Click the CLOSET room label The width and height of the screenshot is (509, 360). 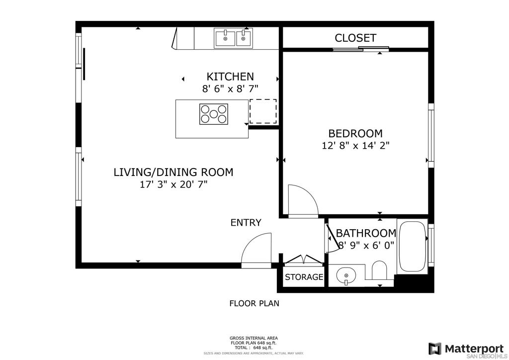[x=355, y=38]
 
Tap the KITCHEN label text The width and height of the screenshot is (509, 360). [x=230, y=77]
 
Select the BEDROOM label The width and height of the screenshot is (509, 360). [x=355, y=133]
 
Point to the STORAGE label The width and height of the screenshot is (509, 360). [x=304, y=277]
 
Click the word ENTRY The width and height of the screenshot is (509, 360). [x=246, y=222]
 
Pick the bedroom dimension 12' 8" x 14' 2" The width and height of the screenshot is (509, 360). [x=355, y=145]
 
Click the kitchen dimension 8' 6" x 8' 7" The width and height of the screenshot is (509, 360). [x=230, y=89]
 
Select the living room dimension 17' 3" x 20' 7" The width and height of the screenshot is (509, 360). [x=173, y=184]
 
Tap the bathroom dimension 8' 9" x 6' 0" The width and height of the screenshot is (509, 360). [x=367, y=245]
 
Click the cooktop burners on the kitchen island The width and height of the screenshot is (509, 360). [x=214, y=114]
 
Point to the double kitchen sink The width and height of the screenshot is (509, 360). [x=233, y=38]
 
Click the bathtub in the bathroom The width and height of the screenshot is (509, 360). [x=412, y=247]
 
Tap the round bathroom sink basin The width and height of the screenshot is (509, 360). [x=346, y=276]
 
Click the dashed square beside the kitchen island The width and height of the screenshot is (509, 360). [x=263, y=111]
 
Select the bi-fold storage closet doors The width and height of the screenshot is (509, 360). [x=304, y=260]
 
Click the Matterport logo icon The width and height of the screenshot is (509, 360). [x=435, y=349]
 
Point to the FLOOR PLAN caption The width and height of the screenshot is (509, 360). [x=254, y=303]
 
